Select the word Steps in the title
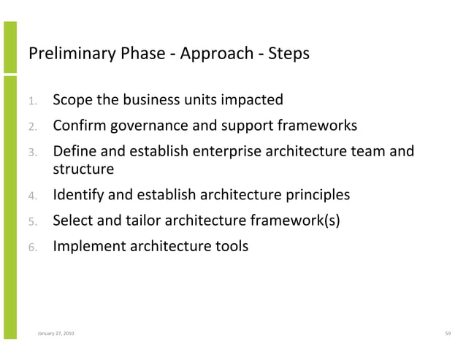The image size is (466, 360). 289,54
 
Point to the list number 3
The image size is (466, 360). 33,153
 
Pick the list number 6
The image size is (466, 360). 33,247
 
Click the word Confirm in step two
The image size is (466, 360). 78,126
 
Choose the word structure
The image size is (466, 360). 83,170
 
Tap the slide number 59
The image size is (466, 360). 448,334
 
